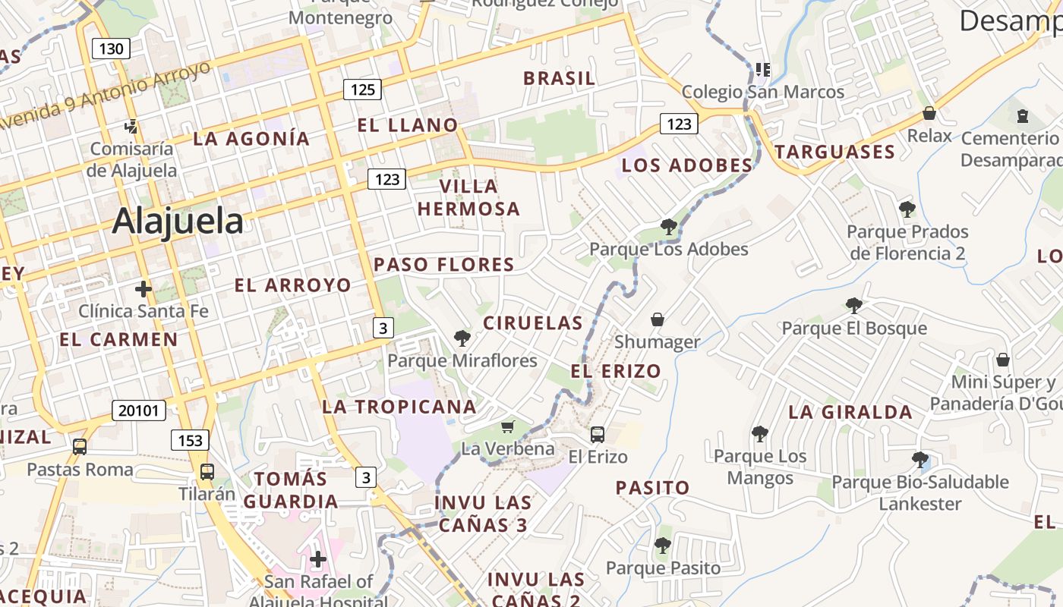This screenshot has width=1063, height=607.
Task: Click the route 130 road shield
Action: (x=111, y=49)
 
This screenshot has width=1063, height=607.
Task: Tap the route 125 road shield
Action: (x=362, y=90)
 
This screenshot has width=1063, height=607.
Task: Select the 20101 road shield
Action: (x=138, y=410)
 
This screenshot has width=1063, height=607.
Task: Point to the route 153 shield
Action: (x=190, y=440)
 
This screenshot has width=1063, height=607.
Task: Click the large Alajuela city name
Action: (x=178, y=222)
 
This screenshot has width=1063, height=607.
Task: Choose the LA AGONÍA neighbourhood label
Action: (x=251, y=139)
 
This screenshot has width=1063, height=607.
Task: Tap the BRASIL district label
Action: (x=560, y=78)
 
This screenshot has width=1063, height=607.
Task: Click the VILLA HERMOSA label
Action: (x=468, y=197)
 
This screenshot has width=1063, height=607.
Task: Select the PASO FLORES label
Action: (x=444, y=265)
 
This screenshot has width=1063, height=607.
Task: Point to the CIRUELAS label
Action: (x=533, y=323)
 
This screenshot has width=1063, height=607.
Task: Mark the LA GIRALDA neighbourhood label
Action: (x=850, y=413)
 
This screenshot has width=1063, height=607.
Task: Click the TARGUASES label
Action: (x=835, y=153)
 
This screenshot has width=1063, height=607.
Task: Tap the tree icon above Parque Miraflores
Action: (x=462, y=338)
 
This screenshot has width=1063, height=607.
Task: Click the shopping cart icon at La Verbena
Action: (x=507, y=427)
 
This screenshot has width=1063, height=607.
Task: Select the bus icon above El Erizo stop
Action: (x=598, y=435)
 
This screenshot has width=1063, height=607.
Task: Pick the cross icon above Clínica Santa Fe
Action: (x=143, y=289)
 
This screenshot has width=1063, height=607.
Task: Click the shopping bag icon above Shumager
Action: (x=658, y=320)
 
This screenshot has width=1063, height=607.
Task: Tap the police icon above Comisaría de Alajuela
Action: (x=131, y=127)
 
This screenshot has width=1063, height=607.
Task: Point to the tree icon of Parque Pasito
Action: (x=662, y=545)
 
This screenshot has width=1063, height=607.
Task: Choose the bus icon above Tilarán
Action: (x=207, y=471)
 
